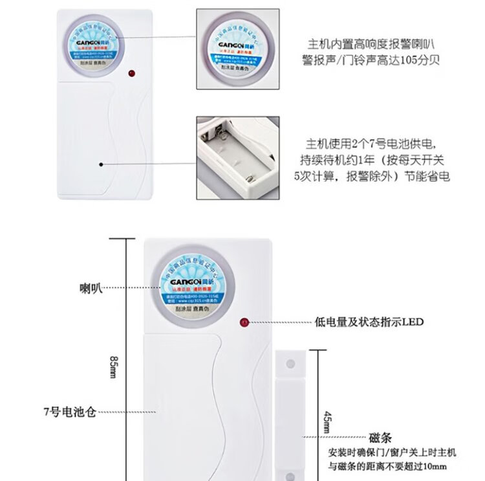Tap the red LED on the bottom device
[244, 321]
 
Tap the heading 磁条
[380, 438]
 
